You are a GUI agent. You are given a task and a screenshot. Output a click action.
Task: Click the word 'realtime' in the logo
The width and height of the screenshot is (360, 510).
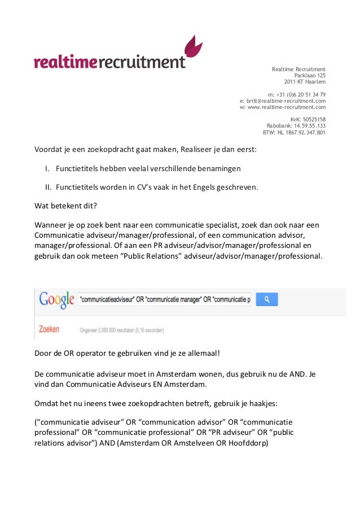point(65,61)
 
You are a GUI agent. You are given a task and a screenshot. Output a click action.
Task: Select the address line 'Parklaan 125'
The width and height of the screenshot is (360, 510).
point(310,75)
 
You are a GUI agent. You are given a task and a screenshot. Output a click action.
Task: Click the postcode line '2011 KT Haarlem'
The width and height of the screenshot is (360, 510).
point(305,81)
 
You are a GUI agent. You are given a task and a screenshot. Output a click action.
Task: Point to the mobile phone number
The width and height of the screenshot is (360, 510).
point(297,94)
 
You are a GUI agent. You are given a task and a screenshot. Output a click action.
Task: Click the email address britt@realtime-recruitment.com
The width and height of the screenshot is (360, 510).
point(283,101)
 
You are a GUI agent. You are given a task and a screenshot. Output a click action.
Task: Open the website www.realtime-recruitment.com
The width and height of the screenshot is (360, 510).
point(283,107)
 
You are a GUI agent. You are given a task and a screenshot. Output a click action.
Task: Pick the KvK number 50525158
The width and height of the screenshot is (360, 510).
point(308,120)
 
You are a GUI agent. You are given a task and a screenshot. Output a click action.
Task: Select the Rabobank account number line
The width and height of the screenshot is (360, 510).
point(296,126)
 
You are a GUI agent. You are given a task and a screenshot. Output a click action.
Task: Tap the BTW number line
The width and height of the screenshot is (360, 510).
point(294,133)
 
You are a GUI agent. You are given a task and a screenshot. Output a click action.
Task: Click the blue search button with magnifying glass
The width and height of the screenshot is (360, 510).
point(267,298)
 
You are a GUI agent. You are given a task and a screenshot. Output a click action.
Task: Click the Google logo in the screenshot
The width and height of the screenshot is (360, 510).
point(56,299)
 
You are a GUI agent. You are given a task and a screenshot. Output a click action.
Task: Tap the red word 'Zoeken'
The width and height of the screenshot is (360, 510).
point(49,328)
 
